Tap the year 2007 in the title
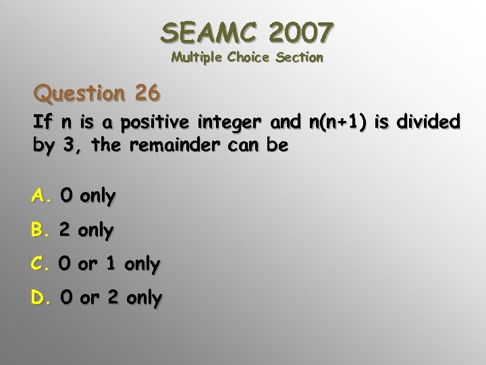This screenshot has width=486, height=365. click(300, 32)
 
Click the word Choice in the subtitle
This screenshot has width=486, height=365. click(250, 57)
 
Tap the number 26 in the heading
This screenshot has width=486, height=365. click(146, 93)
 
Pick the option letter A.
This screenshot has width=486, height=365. click(40, 196)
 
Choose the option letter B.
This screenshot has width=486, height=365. click(39, 230)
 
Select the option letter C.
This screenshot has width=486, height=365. click(39, 264)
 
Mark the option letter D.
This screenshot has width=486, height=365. click(40, 297)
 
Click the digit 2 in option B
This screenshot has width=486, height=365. click(65, 230)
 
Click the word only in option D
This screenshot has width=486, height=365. click(144, 298)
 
